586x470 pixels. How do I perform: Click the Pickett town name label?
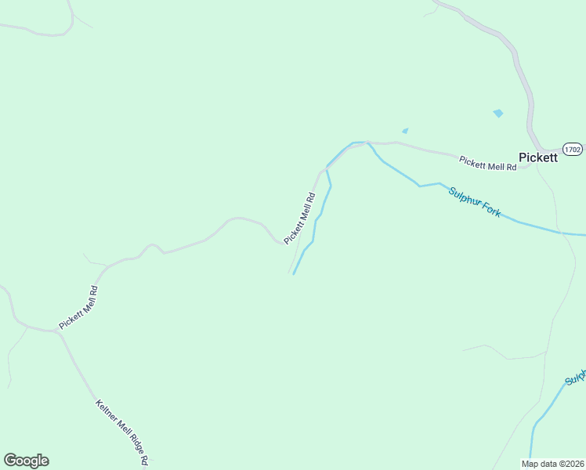pos(538,157)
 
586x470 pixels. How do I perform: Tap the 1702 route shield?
pos(573,148)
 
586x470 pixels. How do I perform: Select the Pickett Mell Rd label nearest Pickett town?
pos(488,163)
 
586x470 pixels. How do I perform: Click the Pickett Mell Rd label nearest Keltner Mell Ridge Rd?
pos(78,307)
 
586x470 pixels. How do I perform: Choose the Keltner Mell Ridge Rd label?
pos(122,432)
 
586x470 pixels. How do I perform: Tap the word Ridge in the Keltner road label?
pos(132,444)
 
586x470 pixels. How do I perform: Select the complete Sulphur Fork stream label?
pos(474,201)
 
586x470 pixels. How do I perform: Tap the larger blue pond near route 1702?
pos(498,114)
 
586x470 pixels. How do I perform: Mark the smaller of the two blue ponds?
pos(405,131)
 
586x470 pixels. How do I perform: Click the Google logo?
pos(26,461)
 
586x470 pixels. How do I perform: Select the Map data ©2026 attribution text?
pos(553,463)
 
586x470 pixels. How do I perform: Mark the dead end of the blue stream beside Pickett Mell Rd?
pos(294,273)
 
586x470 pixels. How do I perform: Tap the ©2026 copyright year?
pos(570,463)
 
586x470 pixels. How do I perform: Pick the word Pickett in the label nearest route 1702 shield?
pos(473,161)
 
